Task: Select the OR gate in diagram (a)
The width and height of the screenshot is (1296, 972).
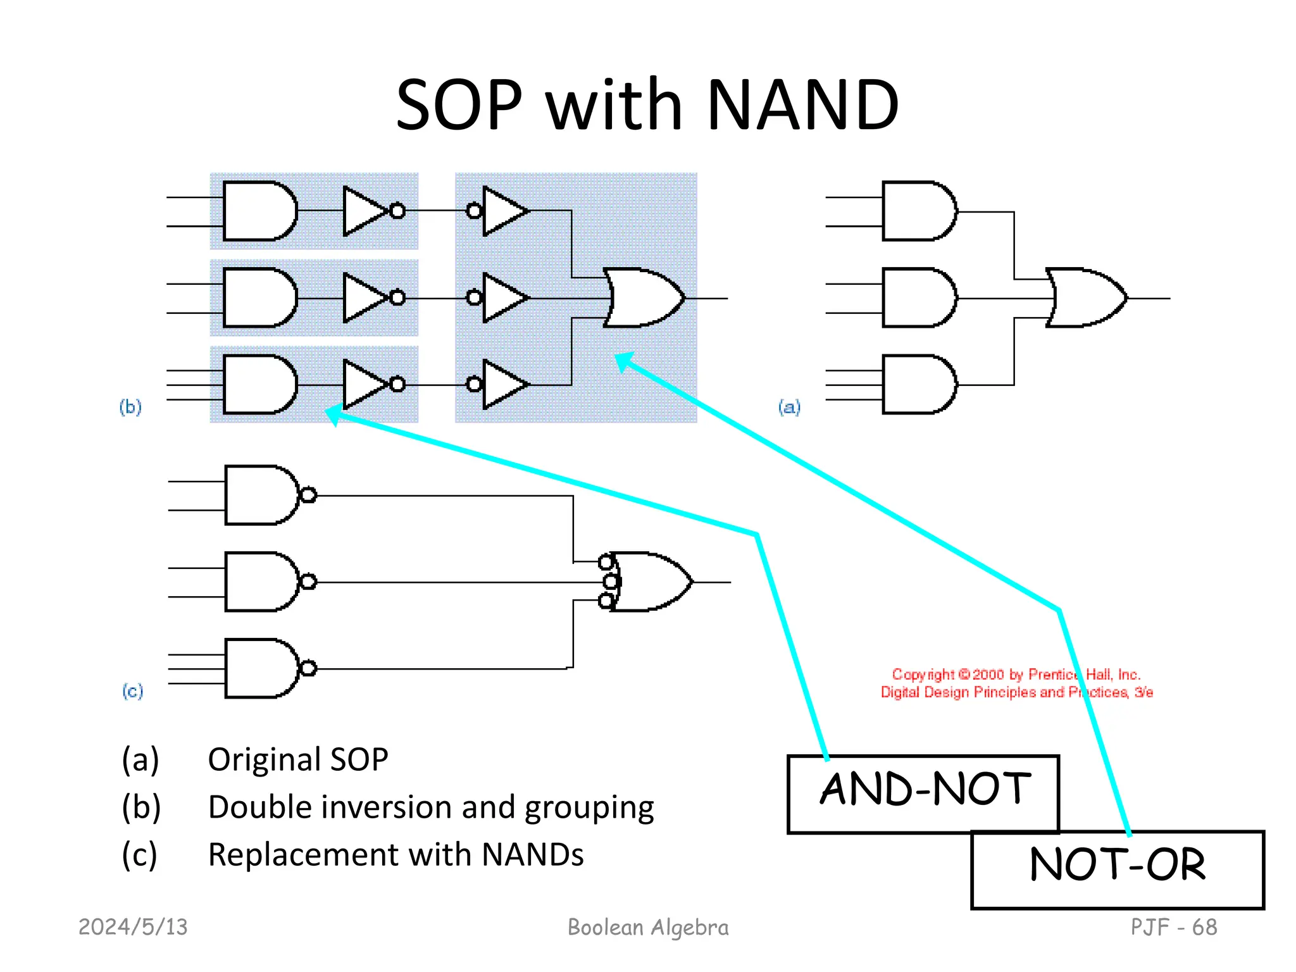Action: [x=1084, y=297]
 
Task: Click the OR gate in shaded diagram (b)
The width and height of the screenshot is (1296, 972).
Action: [x=642, y=297]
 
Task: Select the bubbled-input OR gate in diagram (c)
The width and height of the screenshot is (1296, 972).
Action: [x=649, y=582]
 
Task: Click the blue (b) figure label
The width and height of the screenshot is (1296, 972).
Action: [x=130, y=406]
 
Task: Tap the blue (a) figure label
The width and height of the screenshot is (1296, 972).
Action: [x=789, y=406]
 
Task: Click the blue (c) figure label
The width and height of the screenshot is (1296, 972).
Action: [x=132, y=690]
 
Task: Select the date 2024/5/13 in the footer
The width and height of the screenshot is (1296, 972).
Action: [x=133, y=927]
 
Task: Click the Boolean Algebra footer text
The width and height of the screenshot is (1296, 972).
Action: [x=648, y=927]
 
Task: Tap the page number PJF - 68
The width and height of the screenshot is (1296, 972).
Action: [x=1173, y=927]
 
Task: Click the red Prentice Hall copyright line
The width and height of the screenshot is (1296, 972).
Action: [x=1016, y=675]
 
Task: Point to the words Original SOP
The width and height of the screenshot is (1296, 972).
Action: [x=297, y=759]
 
